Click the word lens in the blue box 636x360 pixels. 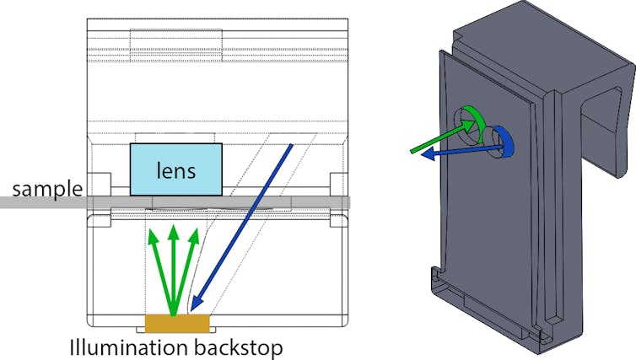point(176,171)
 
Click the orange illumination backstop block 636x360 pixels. point(177,323)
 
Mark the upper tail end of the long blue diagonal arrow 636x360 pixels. point(292,145)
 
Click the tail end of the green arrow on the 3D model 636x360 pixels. point(411,153)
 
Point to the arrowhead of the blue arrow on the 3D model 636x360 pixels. point(423,155)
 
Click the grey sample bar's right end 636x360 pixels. point(348,202)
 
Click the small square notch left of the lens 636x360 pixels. point(100,183)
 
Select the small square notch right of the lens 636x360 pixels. point(340,183)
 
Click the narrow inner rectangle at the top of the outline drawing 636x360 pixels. point(175,41)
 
